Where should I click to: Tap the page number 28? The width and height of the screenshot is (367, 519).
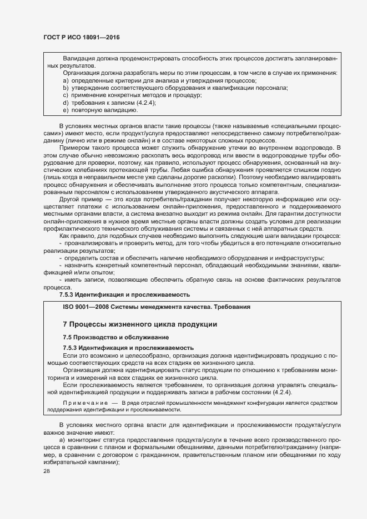click(x=46, y=471)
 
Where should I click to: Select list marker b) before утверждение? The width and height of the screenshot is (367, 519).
click(x=66, y=88)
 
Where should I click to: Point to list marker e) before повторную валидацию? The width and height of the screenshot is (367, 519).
click(x=66, y=110)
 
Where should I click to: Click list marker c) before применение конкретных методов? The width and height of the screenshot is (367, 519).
click(x=66, y=95)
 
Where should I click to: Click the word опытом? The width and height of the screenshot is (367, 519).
click(x=101, y=273)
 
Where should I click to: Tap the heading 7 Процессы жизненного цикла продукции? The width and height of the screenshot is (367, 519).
click(x=131, y=324)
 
